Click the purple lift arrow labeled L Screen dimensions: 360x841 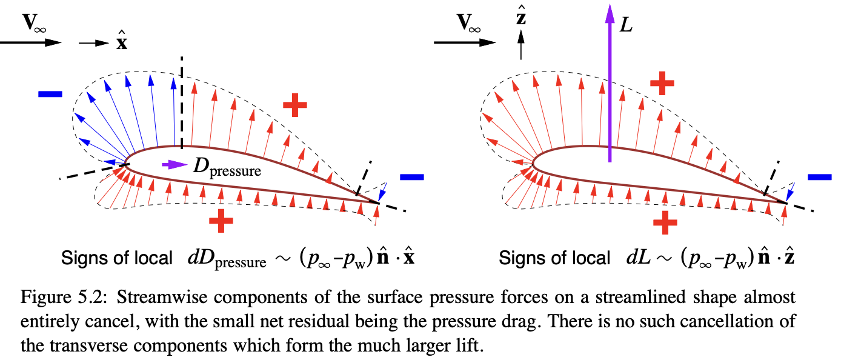point(610,91)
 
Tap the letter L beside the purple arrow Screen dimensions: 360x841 point(627,26)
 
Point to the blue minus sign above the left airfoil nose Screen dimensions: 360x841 point(50,94)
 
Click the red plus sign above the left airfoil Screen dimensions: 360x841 point(296,105)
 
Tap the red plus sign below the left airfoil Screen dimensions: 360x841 point(221,222)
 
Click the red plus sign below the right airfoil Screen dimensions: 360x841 point(665,222)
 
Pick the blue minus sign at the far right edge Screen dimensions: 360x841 point(819,177)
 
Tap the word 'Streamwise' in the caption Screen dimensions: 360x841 point(137,298)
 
